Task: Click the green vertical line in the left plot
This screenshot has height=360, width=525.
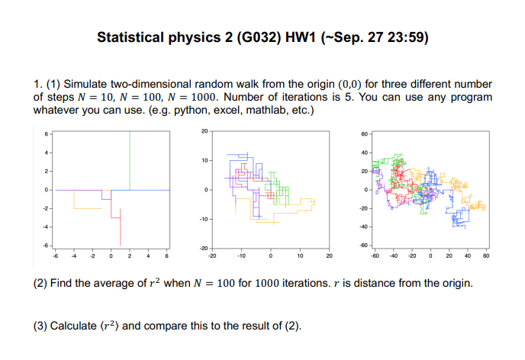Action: click(x=130, y=160)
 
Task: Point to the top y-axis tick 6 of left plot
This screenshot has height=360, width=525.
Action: click(x=45, y=135)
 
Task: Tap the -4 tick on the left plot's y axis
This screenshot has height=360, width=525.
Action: click(x=45, y=227)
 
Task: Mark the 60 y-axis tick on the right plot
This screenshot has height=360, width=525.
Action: click(x=365, y=135)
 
